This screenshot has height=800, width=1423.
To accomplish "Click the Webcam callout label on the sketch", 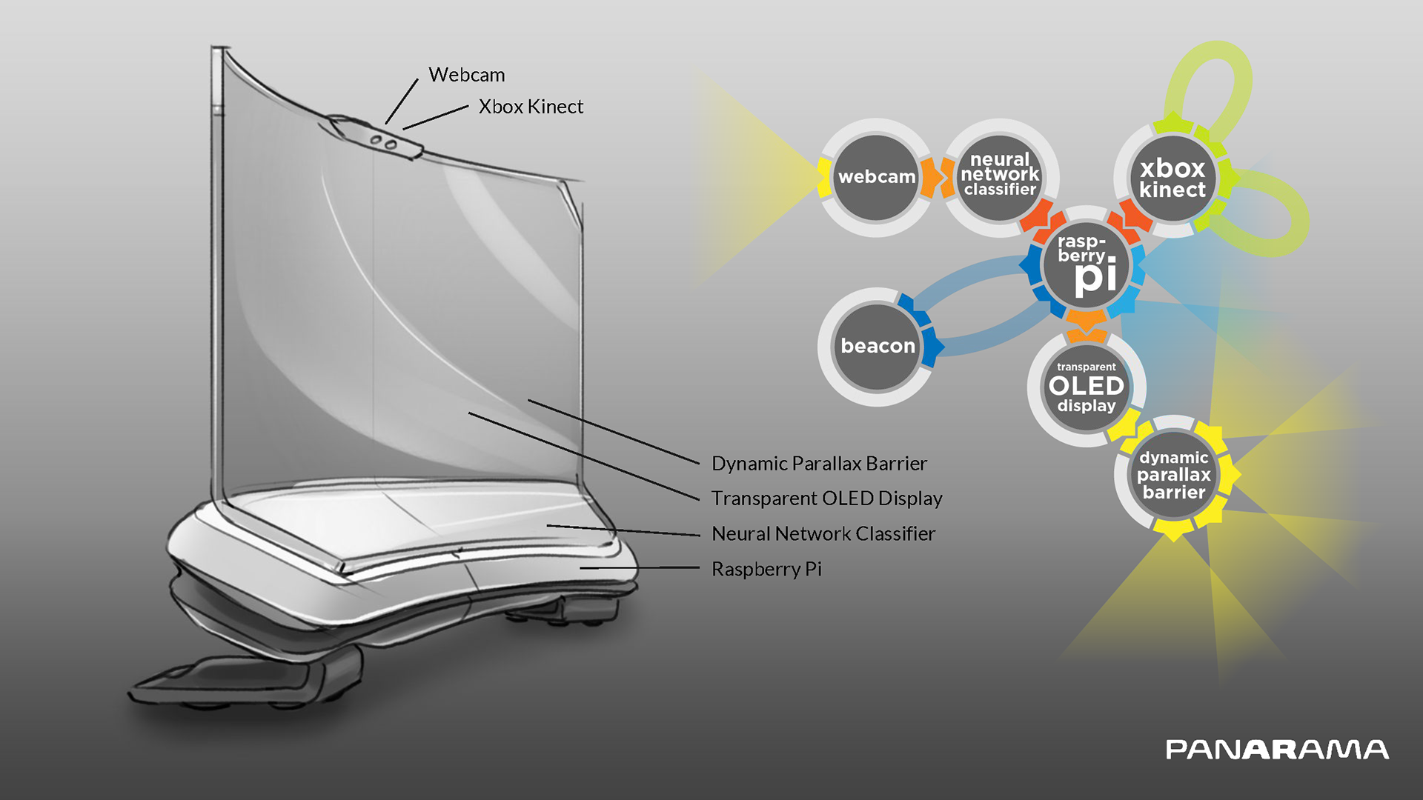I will pyautogui.click(x=466, y=75).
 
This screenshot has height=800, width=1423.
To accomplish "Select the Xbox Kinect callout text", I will pyautogui.click(x=531, y=107).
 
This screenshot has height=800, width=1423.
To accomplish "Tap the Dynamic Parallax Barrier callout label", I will pyautogui.click(x=819, y=464).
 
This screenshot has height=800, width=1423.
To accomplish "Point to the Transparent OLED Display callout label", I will pyautogui.click(x=826, y=499).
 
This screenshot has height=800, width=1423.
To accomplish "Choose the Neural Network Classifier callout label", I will pyautogui.click(x=823, y=533).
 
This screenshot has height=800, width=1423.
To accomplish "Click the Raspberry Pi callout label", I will pyautogui.click(x=766, y=569).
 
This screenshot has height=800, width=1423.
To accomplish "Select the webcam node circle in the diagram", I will pyautogui.click(x=876, y=177).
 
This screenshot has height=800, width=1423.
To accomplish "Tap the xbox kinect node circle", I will pyautogui.click(x=1172, y=178).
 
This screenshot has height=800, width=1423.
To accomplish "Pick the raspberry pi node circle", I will pyautogui.click(x=1086, y=265).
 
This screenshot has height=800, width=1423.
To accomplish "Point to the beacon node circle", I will pyautogui.click(x=878, y=346).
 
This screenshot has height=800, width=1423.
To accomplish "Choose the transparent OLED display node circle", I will pyautogui.click(x=1087, y=387).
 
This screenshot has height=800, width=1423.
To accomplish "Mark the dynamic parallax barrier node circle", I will pyautogui.click(x=1174, y=475).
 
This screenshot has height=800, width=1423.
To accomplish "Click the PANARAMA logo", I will pyautogui.click(x=1277, y=750).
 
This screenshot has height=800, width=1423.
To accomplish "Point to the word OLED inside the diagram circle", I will pyautogui.click(x=1087, y=386).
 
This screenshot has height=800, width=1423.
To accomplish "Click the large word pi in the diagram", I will pyautogui.click(x=1095, y=277).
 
